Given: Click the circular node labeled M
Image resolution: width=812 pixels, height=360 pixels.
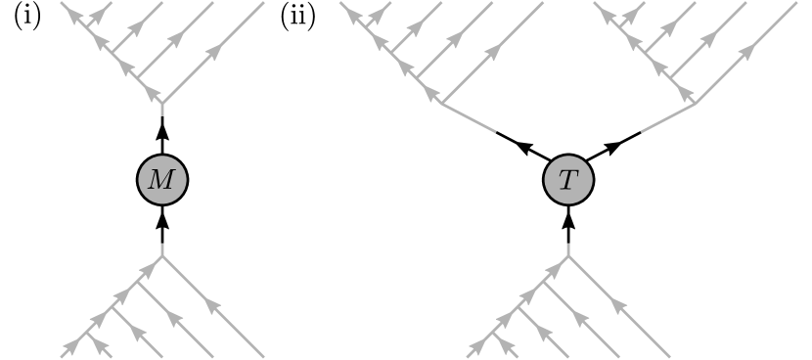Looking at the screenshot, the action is tap(161, 180).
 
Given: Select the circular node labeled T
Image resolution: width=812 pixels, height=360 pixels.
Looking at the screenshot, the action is tap(568, 180).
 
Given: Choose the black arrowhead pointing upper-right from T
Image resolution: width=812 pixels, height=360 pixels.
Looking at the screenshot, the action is tap(613, 149).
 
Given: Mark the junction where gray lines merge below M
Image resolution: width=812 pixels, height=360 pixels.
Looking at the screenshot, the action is tap(161, 257).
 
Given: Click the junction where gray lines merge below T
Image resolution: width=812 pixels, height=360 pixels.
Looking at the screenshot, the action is tap(568, 257).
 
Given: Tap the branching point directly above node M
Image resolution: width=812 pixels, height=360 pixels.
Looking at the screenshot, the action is tap(161, 103).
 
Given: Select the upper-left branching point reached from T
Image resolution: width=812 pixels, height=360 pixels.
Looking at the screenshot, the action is tap(441, 103).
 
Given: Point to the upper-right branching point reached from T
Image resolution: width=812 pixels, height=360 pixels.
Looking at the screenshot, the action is tap(696, 103).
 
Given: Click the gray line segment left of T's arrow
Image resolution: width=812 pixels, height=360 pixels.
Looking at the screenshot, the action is tap(470, 117).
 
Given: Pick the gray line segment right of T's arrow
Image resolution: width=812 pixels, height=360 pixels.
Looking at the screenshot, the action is tap(667, 117).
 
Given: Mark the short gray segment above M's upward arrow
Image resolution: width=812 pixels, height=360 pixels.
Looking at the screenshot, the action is tap(161, 111).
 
